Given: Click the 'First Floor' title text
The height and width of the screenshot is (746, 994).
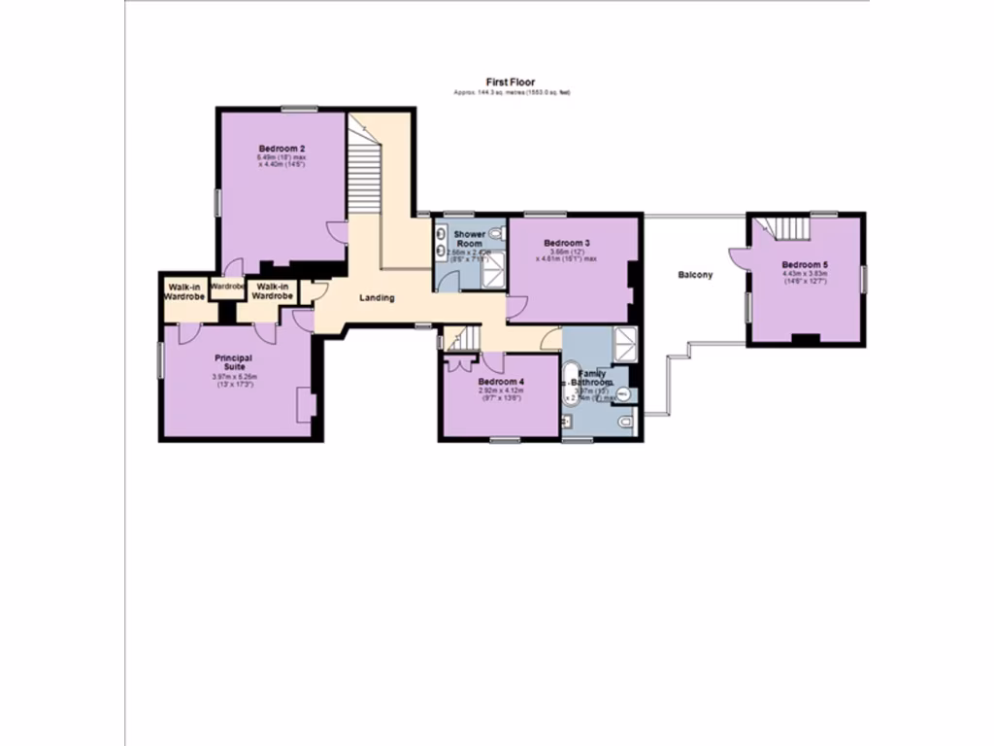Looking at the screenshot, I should point(511,83).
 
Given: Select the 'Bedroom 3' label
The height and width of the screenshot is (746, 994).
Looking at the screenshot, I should point(567,243).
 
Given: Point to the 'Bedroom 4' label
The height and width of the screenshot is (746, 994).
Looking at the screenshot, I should point(501,383).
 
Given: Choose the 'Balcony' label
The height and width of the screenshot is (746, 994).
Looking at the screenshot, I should point(695,275).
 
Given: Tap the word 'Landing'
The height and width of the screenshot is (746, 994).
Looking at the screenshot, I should point(377,298).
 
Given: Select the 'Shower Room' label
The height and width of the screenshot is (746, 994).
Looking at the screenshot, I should point(469,239).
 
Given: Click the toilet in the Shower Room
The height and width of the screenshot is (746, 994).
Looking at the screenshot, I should point(496,234).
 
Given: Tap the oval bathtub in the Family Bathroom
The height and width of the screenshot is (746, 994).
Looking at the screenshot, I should point(573,387).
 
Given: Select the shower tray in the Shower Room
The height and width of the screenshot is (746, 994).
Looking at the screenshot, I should point(493,271).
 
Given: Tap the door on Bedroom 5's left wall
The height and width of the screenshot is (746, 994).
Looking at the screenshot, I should point(738,256).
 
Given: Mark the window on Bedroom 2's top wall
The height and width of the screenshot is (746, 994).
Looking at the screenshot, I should point(300,109).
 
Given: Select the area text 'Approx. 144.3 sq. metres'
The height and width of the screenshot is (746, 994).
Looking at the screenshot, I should point(491,92).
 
